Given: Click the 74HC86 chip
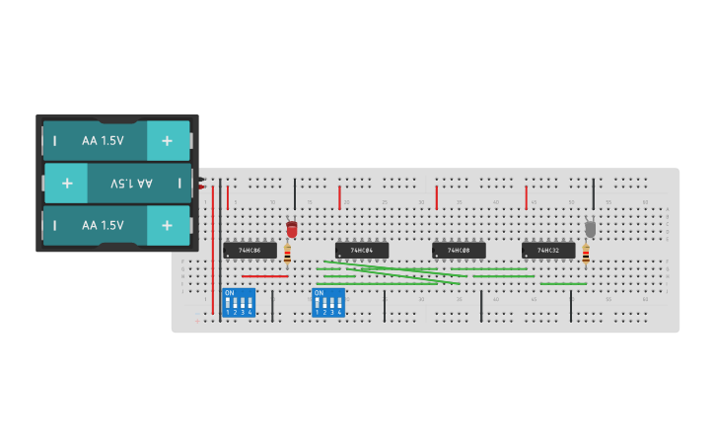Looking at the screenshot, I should tap(250, 251).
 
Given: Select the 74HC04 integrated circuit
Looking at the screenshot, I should tap(362, 251).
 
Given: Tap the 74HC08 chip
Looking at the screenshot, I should tap(459, 251).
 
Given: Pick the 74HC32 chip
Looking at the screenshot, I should tap(548, 251).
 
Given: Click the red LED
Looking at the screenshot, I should tap(291, 229).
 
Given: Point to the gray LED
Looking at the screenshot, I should tap(590, 228).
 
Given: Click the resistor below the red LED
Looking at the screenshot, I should tap(287, 255).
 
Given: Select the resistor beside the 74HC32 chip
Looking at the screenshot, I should tap(585, 255).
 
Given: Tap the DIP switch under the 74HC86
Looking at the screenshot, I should tap(238, 302).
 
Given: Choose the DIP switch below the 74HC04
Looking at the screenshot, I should tap(328, 302).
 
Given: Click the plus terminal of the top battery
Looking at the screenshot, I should tap(167, 141).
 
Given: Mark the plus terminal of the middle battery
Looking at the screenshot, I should tap(67, 184).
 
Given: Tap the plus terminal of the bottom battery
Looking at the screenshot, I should tap(167, 225).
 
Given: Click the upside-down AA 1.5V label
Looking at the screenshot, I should tap(131, 184).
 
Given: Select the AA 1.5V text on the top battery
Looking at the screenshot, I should tap(103, 141).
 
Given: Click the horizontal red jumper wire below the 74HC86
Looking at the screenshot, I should tap(264, 276).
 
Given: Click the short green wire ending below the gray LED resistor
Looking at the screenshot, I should tap(562, 284).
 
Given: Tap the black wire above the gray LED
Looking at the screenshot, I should tap(593, 194).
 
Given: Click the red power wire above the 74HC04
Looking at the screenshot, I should tap(340, 197).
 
